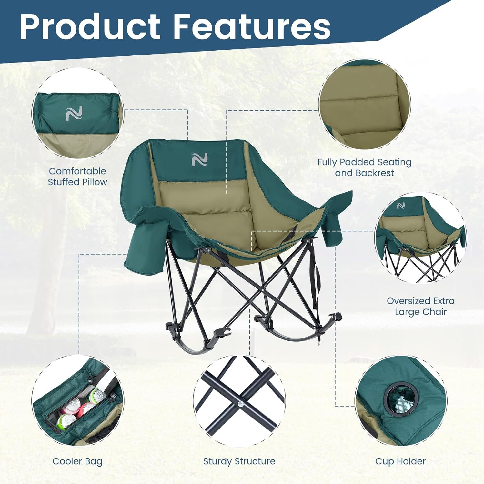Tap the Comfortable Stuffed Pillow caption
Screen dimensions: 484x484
click(77, 176)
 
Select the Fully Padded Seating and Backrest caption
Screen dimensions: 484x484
click(364, 167)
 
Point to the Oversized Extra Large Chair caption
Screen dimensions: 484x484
click(420, 306)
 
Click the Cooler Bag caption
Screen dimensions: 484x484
click(77, 461)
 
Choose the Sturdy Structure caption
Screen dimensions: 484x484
click(239, 461)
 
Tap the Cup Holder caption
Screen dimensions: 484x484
click(400, 461)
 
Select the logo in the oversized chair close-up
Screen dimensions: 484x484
click(401, 206)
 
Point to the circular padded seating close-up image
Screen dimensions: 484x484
click(364, 105)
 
